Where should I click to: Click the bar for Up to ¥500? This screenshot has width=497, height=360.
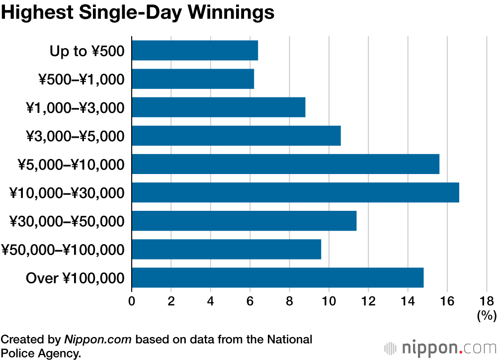(195, 51)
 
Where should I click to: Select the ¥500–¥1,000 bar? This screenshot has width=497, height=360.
(193, 79)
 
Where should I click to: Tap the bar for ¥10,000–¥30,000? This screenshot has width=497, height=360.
(295, 192)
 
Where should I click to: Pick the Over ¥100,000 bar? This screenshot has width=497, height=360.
(277, 277)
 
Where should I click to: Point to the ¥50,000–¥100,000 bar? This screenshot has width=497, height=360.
(226, 249)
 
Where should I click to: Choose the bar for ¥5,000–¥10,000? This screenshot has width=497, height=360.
(285, 164)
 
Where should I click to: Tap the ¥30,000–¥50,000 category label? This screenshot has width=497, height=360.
(67, 221)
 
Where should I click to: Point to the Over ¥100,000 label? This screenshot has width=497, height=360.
(75, 278)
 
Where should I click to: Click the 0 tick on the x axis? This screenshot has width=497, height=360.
(132, 301)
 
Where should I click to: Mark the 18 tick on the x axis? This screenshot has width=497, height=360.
(487, 301)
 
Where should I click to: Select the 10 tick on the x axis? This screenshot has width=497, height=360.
(329, 301)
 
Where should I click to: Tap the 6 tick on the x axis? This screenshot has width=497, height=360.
(250, 301)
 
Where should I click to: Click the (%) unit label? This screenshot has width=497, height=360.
(487, 315)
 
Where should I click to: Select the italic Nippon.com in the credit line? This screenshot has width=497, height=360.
(98, 340)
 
